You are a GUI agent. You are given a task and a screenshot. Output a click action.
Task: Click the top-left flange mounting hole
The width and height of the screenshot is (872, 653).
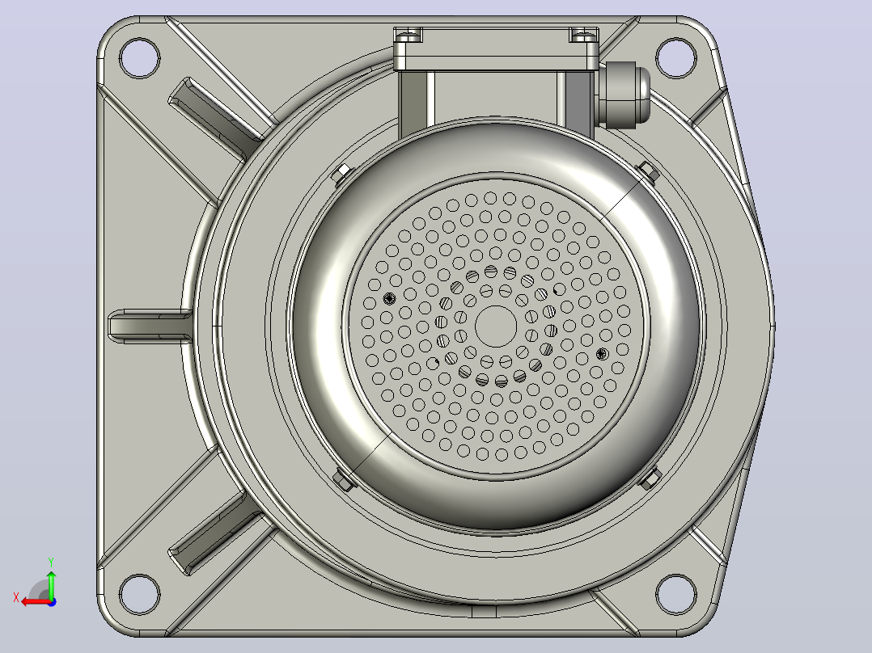(140, 58)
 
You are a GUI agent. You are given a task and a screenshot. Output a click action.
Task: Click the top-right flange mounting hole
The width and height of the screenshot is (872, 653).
(675, 58)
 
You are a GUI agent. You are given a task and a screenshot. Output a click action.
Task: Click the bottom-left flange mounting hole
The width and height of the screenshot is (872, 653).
(140, 594)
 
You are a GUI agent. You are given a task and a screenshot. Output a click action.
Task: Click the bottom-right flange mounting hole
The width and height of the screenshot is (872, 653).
(675, 594)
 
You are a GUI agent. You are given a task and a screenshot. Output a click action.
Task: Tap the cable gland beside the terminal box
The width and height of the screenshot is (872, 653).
(624, 95)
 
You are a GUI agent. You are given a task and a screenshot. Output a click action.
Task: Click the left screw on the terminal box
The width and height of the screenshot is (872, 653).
(408, 36)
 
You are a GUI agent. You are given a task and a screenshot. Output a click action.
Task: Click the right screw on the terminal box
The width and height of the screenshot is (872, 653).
(583, 36)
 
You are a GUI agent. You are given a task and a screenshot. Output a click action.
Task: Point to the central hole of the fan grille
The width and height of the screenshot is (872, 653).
(496, 326)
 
